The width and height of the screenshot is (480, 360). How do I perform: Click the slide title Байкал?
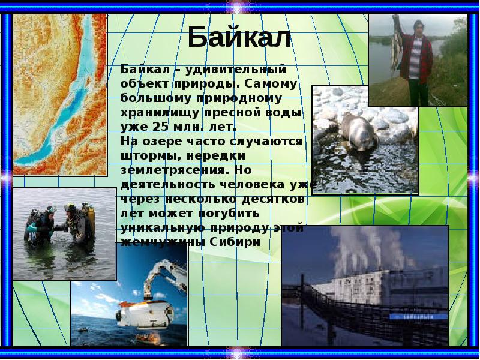(x=239, y=38)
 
